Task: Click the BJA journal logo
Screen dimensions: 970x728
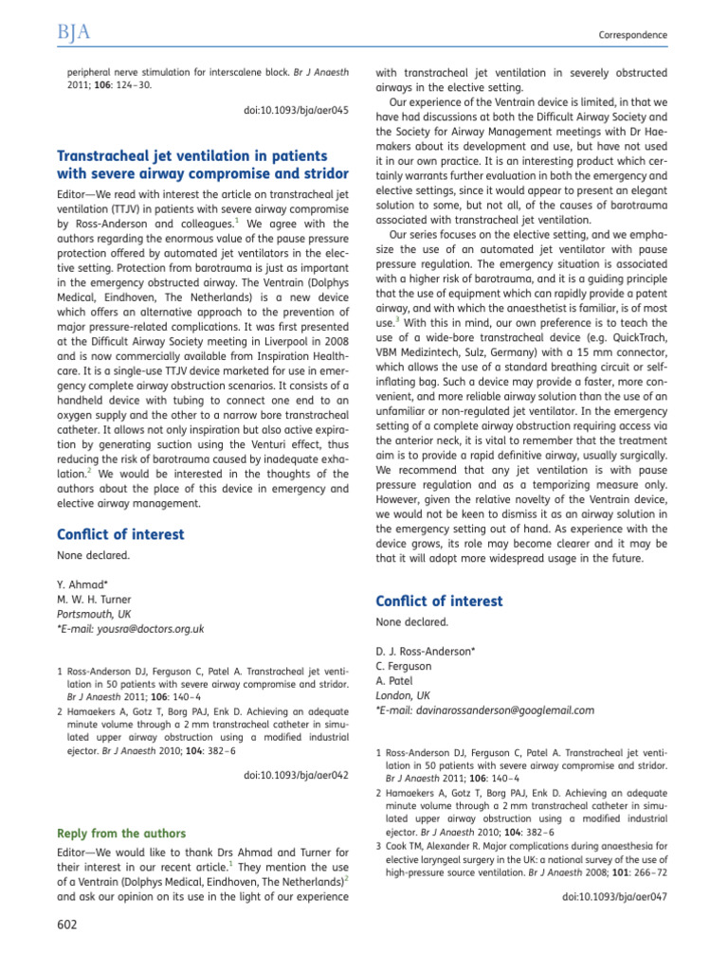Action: point(73,34)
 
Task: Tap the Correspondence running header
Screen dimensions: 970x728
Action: point(632,35)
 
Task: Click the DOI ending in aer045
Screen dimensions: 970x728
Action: point(296,111)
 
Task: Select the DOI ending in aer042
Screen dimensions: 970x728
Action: point(296,775)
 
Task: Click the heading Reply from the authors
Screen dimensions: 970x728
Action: point(121,834)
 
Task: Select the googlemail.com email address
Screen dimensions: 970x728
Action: point(489,710)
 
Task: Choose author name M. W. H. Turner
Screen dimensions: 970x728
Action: point(95,600)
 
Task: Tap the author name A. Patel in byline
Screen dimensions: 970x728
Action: point(397,681)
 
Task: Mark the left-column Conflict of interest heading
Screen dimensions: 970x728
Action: point(120,534)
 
